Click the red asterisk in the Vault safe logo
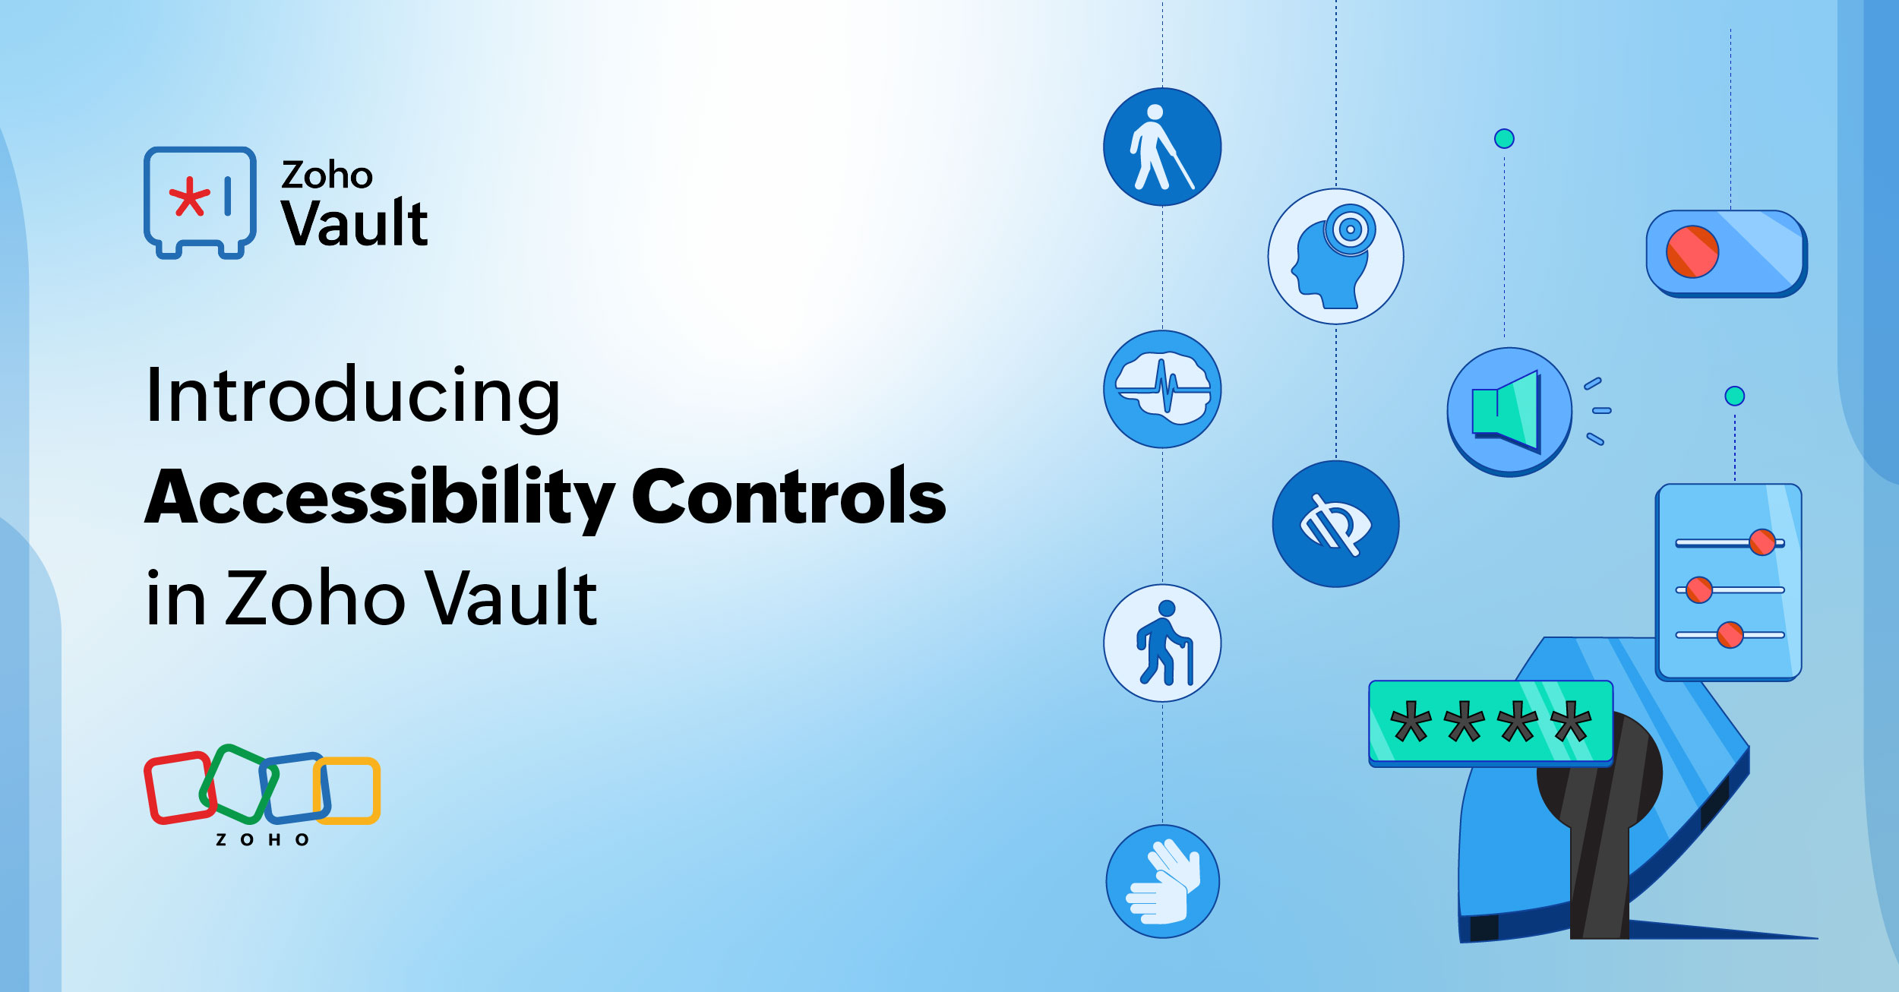[x=188, y=197]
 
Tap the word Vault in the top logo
[x=355, y=224]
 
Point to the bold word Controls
[x=788, y=498]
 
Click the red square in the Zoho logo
[x=179, y=788]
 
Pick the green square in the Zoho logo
[x=237, y=784]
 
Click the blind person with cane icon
[x=1162, y=147]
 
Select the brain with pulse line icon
[x=1162, y=389]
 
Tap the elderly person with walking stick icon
[x=1162, y=643]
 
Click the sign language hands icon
[x=1162, y=881]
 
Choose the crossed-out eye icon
[x=1335, y=524]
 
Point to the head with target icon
[x=1335, y=257]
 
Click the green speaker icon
[x=1509, y=412]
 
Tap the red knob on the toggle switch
[x=1692, y=251]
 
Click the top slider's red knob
[x=1762, y=542]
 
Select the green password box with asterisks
[x=1490, y=722]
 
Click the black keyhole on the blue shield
[x=1599, y=790]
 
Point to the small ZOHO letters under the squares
[x=263, y=839]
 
